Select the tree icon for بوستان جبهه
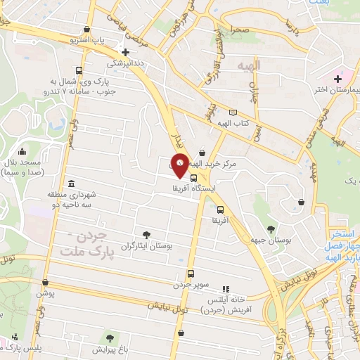pyautogui.click(x=271, y=228)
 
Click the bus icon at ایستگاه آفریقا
pyautogui.click(x=194, y=178)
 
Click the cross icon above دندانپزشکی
pyautogui.click(x=125, y=52)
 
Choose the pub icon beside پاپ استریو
pyautogui.click(x=86, y=29)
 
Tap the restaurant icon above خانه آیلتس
pyautogui.click(x=226, y=288)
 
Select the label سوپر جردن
pyautogui.click(x=191, y=285)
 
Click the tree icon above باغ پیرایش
pyautogui.click(x=108, y=338)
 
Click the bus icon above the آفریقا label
pyautogui.click(x=220, y=210)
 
